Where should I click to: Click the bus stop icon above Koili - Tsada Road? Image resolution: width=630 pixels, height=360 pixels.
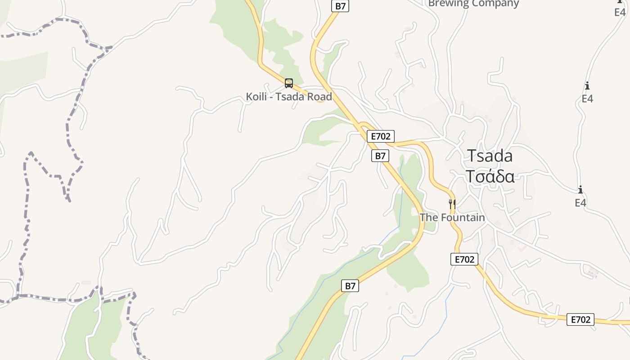coord(289,83)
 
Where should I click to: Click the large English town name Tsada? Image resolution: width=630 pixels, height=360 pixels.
coord(490,156)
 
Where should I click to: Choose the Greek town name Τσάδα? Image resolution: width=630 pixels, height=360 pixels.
coord(490,177)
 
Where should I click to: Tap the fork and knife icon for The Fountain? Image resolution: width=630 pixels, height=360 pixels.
coord(452,204)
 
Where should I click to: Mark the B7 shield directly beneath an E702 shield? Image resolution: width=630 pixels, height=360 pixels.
coord(380,156)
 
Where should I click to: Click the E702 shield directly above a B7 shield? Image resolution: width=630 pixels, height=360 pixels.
coord(381,136)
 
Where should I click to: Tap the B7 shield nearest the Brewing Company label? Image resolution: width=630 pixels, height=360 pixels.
coord(340,6)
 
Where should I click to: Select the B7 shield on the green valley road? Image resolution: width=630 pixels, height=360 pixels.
coord(350,286)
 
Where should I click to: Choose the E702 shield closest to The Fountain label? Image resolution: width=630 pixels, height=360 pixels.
coord(464,259)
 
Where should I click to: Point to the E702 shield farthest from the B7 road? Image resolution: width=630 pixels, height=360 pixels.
coord(580,319)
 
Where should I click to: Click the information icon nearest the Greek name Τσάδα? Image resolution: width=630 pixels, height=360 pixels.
coord(580,190)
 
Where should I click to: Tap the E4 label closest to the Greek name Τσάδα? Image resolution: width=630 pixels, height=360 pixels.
coord(580,203)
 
